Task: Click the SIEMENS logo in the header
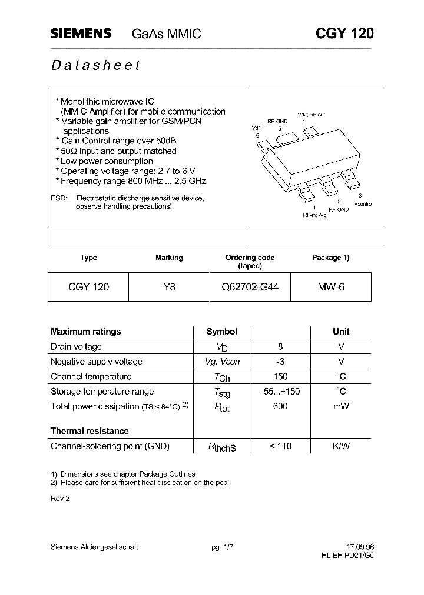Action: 81,34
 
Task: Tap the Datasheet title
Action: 95,65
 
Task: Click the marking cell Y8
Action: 169,288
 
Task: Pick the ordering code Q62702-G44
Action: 250,288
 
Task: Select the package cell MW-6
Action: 331,288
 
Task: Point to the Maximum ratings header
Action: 85,332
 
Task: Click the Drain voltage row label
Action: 76,347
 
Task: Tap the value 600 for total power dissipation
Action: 280,406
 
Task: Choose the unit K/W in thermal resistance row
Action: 341,446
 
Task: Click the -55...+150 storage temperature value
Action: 280,392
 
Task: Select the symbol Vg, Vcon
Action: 222,362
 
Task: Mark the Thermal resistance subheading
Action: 89,431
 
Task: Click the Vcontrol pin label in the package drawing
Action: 363,203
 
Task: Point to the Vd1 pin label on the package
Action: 256,128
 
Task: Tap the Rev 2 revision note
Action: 60,498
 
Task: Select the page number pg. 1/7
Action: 223,547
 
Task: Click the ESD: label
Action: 59,198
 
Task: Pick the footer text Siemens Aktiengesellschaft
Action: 94,547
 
